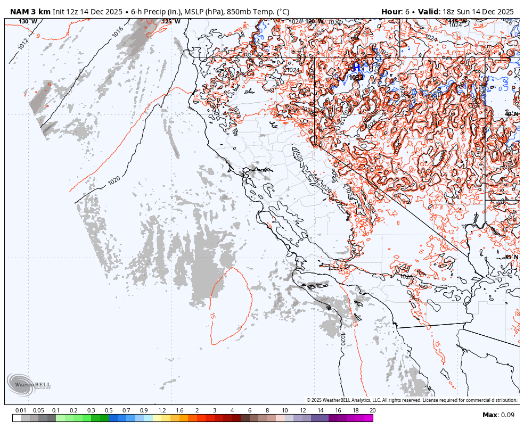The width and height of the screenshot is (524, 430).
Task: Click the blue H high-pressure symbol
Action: (356, 67)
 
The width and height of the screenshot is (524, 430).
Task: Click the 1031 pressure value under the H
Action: (356, 78)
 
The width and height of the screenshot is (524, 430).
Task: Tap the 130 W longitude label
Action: (28, 22)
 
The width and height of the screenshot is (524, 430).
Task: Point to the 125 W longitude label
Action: (171, 22)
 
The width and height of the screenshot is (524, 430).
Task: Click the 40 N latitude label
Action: (511, 114)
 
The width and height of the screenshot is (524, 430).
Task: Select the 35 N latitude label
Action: (511, 257)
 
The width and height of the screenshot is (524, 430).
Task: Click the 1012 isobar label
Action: (23, 44)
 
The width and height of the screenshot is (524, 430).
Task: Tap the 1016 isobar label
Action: (118, 31)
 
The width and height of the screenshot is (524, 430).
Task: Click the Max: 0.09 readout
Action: (498, 415)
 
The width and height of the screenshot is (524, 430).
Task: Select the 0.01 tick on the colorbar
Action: (21, 410)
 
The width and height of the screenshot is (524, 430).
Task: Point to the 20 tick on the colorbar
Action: (372, 410)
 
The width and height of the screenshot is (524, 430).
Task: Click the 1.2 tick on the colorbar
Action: (162, 410)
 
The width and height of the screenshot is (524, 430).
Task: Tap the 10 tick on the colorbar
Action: (285, 410)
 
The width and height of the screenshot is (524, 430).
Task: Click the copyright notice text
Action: (412, 400)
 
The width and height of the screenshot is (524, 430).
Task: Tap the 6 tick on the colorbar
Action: (250, 410)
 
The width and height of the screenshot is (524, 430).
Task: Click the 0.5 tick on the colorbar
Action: (109, 410)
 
